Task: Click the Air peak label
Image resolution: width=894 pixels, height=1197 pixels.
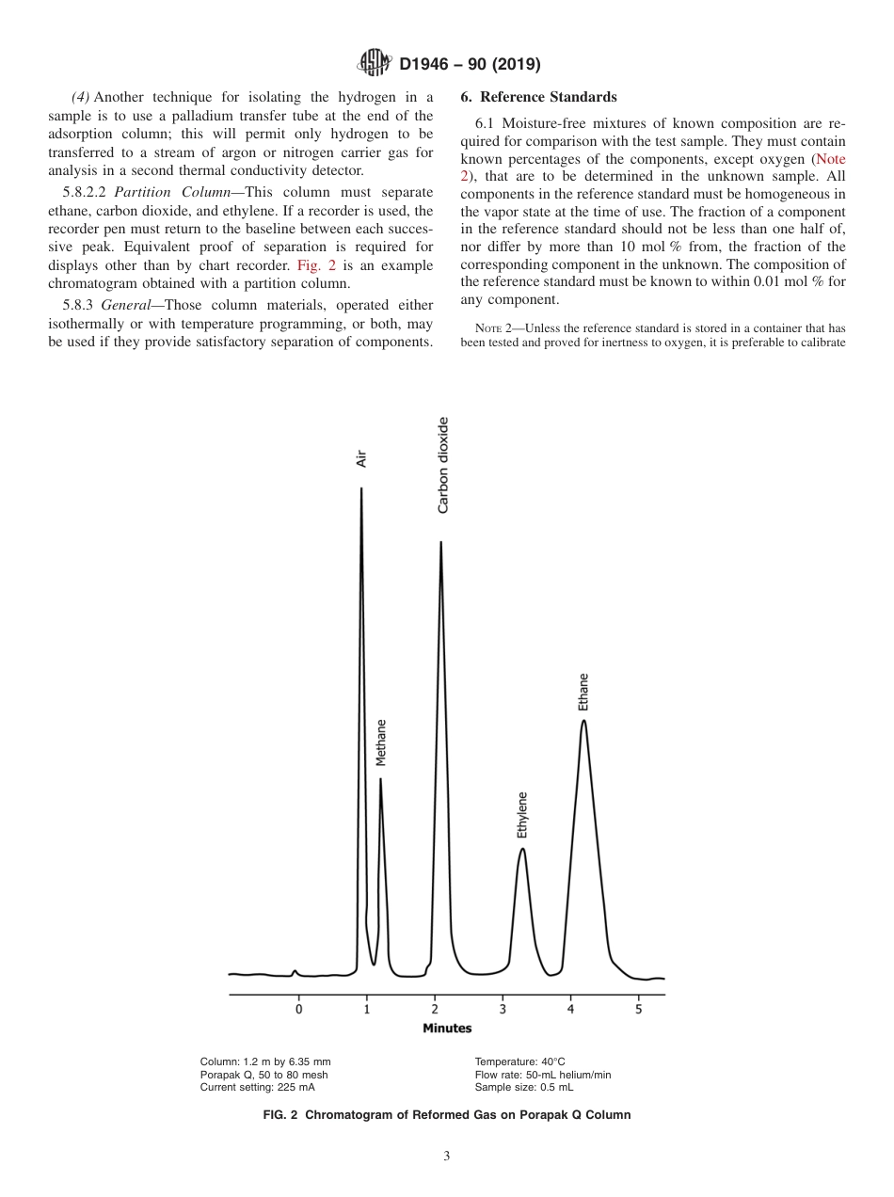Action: pyautogui.click(x=360, y=458)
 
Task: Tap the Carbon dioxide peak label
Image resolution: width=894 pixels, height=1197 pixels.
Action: pyautogui.click(x=442, y=465)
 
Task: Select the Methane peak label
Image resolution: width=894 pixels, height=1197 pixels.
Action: pyautogui.click(x=381, y=742)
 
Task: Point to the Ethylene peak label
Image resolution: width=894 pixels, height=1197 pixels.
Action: pyautogui.click(x=522, y=814)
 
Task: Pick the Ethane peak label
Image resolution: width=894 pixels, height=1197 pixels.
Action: pyautogui.click(x=583, y=692)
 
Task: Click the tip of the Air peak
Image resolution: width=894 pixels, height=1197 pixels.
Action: pyautogui.click(x=361, y=488)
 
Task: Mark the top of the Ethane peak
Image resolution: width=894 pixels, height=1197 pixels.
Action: pyautogui.click(x=584, y=721)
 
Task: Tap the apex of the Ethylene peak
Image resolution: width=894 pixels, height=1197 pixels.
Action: pyautogui.click(x=522, y=849)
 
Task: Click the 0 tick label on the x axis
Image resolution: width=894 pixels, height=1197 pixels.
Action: pyautogui.click(x=299, y=1010)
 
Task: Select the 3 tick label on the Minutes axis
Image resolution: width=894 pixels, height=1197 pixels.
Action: pyautogui.click(x=503, y=1010)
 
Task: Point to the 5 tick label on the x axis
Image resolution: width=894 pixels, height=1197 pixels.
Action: pyautogui.click(x=638, y=1010)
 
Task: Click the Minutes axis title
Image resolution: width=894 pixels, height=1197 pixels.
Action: pyautogui.click(x=447, y=1029)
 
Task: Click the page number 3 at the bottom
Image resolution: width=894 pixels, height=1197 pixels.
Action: pyautogui.click(x=447, y=1157)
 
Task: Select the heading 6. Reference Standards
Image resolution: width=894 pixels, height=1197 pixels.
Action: pyautogui.click(x=538, y=97)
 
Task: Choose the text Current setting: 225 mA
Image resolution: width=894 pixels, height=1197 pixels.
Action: pyautogui.click(x=258, y=1087)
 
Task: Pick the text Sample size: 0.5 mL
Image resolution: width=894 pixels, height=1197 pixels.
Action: pyautogui.click(x=524, y=1087)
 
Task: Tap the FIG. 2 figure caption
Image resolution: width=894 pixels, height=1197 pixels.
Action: pyautogui.click(x=447, y=1115)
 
